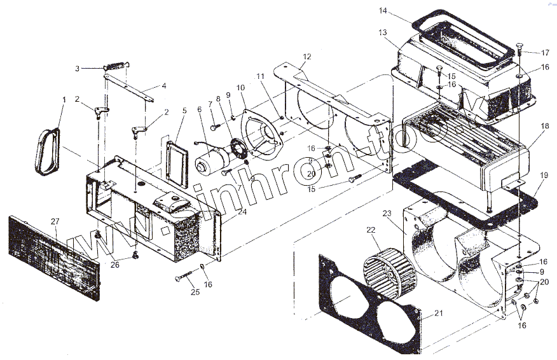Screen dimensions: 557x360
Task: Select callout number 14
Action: point(383,11)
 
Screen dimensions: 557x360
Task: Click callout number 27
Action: point(55,221)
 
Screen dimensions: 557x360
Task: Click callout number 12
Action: point(307,57)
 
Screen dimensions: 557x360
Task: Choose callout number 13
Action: point(382,32)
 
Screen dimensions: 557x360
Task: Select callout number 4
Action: point(164,86)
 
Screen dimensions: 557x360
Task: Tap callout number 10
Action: point(241,87)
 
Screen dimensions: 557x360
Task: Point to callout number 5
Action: point(184,111)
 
